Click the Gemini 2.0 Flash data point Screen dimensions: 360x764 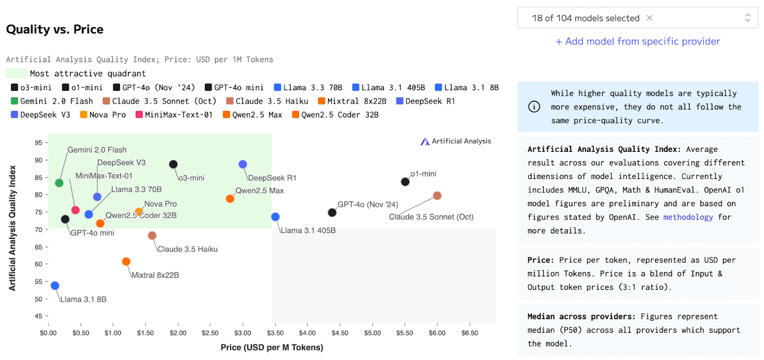coord(59,183)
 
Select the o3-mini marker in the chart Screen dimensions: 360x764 coord(173,164)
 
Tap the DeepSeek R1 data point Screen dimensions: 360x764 coord(243,164)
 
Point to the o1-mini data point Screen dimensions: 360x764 coord(405,181)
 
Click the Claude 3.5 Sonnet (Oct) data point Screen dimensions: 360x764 coord(437,196)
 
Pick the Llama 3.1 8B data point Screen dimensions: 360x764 coord(55,286)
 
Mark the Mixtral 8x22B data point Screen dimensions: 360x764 coord(126,261)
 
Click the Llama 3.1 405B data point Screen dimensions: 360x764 coord(275,217)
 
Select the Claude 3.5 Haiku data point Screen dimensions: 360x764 coord(152,235)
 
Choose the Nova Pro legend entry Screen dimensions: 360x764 coord(103,115)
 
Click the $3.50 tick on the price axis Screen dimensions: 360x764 coord(275,333)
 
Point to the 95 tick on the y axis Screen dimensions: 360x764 coord(38,143)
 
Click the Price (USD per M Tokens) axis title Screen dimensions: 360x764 coord(272,347)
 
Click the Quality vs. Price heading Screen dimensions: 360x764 coord(55,30)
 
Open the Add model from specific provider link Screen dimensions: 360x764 coord(637,42)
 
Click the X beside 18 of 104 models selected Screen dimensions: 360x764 coord(649,18)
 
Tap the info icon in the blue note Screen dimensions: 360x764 coord(534,106)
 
